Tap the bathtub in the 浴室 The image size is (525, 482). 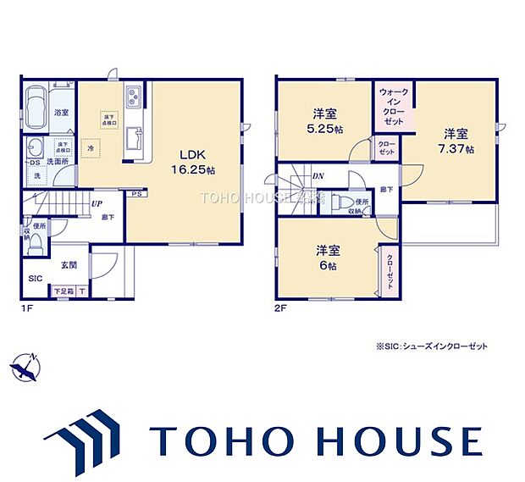tap(39, 110)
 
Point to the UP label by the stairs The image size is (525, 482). tap(98, 204)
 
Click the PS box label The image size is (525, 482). tap(135, 193)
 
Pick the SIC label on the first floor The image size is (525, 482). tap(36, 277)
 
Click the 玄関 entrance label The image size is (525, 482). tap(69, 264)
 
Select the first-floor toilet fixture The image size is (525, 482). tap(28, 229)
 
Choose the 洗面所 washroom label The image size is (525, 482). tap(58, 160)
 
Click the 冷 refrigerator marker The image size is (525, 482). tap(90, 147)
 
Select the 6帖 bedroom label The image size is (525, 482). tap(328, 258)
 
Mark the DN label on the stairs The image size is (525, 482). tap(317, 176)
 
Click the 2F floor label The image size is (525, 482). tap(280, 309)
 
